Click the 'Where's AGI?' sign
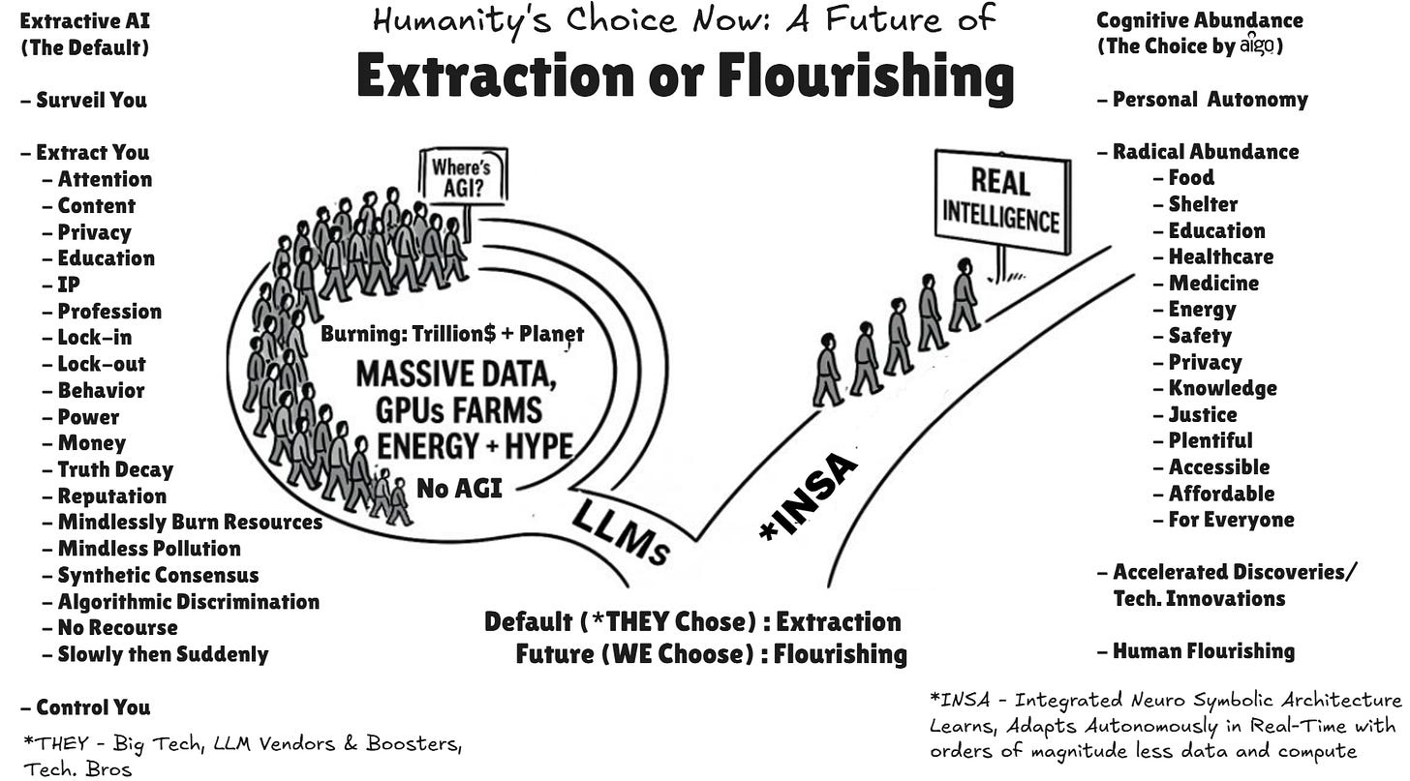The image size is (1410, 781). tap(463, 175)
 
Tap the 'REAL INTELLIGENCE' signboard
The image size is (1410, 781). tap(1001, 199)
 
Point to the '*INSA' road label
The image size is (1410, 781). tap(810, 496)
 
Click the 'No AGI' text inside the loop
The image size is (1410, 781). tap(459, 488)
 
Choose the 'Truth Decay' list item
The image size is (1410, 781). tap(114, 469)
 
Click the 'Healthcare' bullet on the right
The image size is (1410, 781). tap(1220, 256)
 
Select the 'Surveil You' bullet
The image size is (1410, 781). tap(91, 100)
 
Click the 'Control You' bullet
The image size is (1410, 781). tap(93, 706)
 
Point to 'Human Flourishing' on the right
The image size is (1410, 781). tap(1203, 650)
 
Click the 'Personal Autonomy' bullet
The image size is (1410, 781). tap(1210, 99)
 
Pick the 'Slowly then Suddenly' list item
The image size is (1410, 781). tap(163, 653)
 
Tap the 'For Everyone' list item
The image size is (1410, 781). tap(1231, 520)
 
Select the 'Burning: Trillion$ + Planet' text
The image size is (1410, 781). tap(452, 335)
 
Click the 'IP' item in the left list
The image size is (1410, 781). tap(69, 285)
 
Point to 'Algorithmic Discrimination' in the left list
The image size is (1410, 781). tap(188, 601)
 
